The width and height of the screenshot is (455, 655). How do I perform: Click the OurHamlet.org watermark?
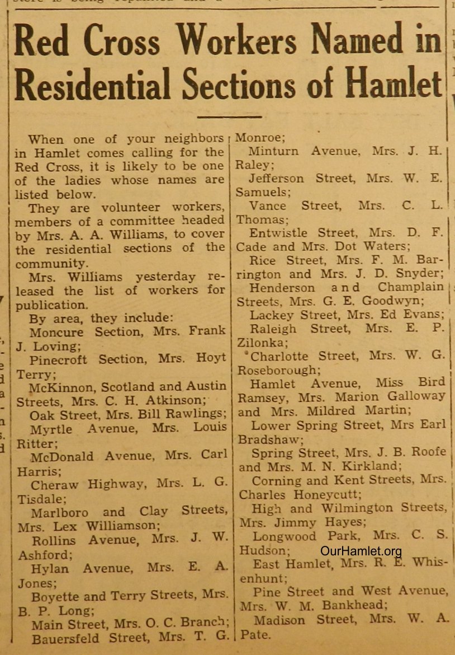(361, 551)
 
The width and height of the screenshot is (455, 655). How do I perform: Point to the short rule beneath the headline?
(222, 116)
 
